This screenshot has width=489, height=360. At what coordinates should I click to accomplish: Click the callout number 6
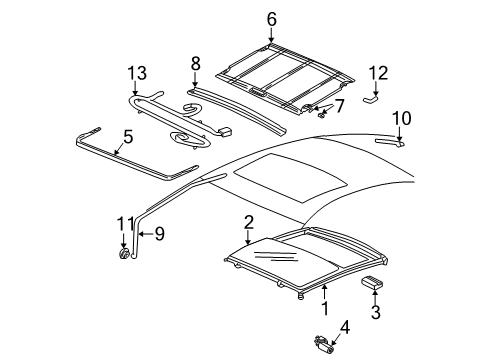coord(271,17)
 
